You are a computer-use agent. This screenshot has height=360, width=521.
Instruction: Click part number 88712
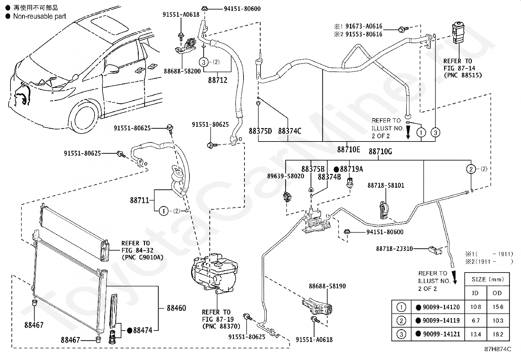coord(218,80)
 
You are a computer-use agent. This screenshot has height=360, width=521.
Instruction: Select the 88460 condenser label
coord(176,308)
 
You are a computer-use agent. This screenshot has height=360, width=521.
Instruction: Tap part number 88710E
coord(349,149)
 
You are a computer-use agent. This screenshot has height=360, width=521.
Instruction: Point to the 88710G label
coord(380,152)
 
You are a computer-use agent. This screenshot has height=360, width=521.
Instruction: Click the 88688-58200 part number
coord(182,71)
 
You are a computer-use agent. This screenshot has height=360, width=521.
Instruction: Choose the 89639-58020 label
coord(285,176)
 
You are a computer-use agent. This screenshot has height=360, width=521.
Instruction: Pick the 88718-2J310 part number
coord(394,249)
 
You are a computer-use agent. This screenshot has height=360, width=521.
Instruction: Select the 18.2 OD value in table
coord(498,334)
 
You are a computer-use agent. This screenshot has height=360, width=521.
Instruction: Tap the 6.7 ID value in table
coord(476,321)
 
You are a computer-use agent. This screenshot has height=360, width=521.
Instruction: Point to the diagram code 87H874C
coord(498,349)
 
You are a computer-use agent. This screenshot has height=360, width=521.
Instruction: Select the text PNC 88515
coord(463,75)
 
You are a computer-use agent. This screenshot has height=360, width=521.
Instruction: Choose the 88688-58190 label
coord(327,286)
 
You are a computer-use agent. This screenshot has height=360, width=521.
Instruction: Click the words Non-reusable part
coord(40,16)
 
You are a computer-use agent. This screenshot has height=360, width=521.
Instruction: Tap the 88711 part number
coord(139,200)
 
